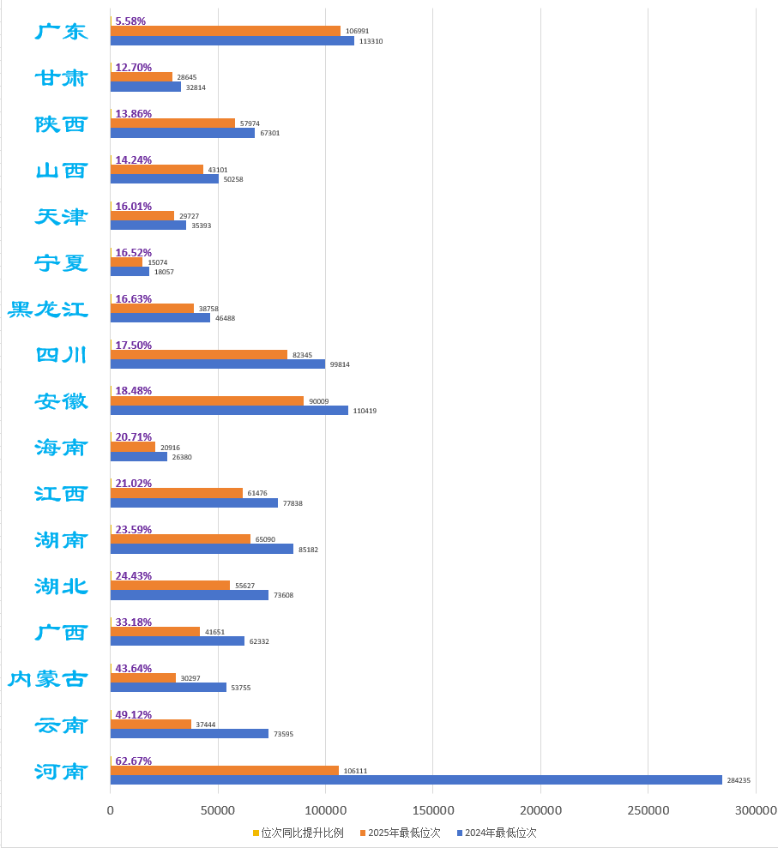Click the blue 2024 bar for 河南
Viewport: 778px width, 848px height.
(x=416, y=780)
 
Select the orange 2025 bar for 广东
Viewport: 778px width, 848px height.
(x=226, y=31)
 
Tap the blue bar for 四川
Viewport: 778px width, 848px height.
(x=218, y=364)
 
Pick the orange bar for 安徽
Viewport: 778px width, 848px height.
(x=207, y=400)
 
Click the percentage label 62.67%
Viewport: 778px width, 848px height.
(x=134, y=761)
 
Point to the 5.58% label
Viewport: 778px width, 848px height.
(x=130, y=21)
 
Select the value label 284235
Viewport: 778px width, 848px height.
(x=738, y=780)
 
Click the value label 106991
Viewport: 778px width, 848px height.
(x=357, y=31)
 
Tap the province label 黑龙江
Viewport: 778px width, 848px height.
(x=48, y=309)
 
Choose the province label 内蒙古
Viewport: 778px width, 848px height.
(x=48, y=678)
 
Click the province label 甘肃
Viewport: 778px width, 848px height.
(x=61, y=78)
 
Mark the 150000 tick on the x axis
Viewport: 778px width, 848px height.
(x=433, y=810)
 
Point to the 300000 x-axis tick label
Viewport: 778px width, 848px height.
(x=756, y=810)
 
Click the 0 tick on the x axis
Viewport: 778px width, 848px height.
(x=110, y=810)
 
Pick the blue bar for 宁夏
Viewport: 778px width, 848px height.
(x=130, y=272)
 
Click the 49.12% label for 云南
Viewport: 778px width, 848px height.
(x=134, y=714)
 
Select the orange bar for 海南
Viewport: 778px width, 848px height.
(x=133, y=447)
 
